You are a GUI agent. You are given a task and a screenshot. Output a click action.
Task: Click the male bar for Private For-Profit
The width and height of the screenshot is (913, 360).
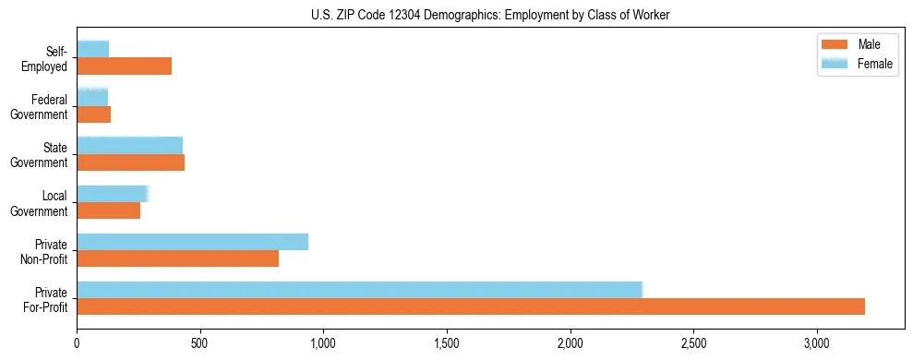471,306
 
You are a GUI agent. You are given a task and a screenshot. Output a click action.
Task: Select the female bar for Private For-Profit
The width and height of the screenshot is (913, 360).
359,290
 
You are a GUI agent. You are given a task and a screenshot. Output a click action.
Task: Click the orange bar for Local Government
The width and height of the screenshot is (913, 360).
109,210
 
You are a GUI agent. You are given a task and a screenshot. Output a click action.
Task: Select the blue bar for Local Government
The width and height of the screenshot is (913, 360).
112,194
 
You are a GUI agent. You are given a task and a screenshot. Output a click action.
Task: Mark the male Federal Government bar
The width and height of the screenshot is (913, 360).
94,114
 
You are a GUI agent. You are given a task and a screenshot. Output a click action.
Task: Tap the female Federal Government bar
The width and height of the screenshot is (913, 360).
92,98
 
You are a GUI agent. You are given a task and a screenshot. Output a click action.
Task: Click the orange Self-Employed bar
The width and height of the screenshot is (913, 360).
125,66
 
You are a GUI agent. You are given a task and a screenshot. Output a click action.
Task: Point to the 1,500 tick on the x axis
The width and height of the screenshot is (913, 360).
447,342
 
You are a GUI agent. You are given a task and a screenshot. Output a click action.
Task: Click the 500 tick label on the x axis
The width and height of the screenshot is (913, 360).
200,342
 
